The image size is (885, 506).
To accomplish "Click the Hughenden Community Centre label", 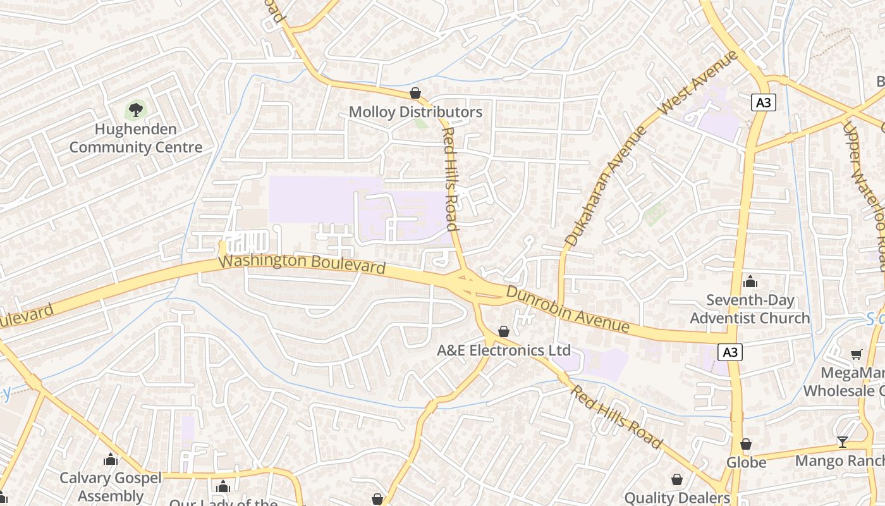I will (x=136, y=139).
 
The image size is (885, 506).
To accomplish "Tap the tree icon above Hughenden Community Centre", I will (x=135, y=110).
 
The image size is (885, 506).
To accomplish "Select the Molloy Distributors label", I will (x=415, y=113).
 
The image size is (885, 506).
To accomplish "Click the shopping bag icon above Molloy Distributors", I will (x=415, y=94).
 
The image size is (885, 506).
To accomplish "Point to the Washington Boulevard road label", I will (x=302, y=264).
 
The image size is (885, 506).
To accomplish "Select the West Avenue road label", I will (x=698, y=83).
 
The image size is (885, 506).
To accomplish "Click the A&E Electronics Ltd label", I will (x=504, y=350).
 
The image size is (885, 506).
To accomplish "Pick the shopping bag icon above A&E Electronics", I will (x=504, y=331).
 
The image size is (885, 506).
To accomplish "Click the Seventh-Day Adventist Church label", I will (x=750, y=309).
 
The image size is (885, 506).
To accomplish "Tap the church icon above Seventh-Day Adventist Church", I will (x=750, y=281).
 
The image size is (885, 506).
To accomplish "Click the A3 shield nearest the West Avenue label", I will (x=764, y=102).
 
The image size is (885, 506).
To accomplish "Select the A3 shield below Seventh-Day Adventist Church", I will (x=730, y=352).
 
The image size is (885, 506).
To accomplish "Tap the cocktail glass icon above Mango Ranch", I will (x=842, y=442).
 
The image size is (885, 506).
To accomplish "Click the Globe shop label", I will (x=746, y=462).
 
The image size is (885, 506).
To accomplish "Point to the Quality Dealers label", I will (x=677, y=498).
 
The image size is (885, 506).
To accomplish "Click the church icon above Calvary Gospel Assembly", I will (x=111, y=459).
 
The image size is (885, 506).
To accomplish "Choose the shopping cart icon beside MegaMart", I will (x=857, y=354).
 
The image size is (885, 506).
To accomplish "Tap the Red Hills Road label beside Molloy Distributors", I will (x=449, y=179).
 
